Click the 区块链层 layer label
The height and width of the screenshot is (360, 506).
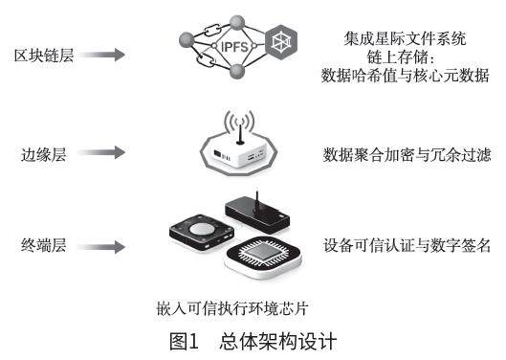(44, 56)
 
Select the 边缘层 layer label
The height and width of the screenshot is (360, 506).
(44, 154)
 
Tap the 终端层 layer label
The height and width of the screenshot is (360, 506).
(44, 245)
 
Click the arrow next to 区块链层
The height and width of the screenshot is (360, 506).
(101, 55)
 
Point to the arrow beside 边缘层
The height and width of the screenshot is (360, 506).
(101, 152)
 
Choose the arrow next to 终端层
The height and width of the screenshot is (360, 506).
(101, 247)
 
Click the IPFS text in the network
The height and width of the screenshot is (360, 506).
(234, 47)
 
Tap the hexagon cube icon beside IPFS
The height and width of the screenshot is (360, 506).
(281, 42)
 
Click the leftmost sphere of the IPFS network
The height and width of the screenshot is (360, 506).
(187, 40)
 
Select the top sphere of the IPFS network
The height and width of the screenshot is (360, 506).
(237, 23)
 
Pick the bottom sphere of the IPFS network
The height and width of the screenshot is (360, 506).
(237, 72)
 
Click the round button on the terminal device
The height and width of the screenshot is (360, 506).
(202, 229)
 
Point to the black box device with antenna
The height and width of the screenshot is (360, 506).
(257, 214)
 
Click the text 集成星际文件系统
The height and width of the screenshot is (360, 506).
(405, 39)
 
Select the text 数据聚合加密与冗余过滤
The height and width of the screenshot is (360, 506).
(407, 154)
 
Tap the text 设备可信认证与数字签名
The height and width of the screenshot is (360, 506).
(407, 245)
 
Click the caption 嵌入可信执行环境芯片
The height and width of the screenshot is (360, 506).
(232, 308)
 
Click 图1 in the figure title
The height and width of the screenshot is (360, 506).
(184, 341)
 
